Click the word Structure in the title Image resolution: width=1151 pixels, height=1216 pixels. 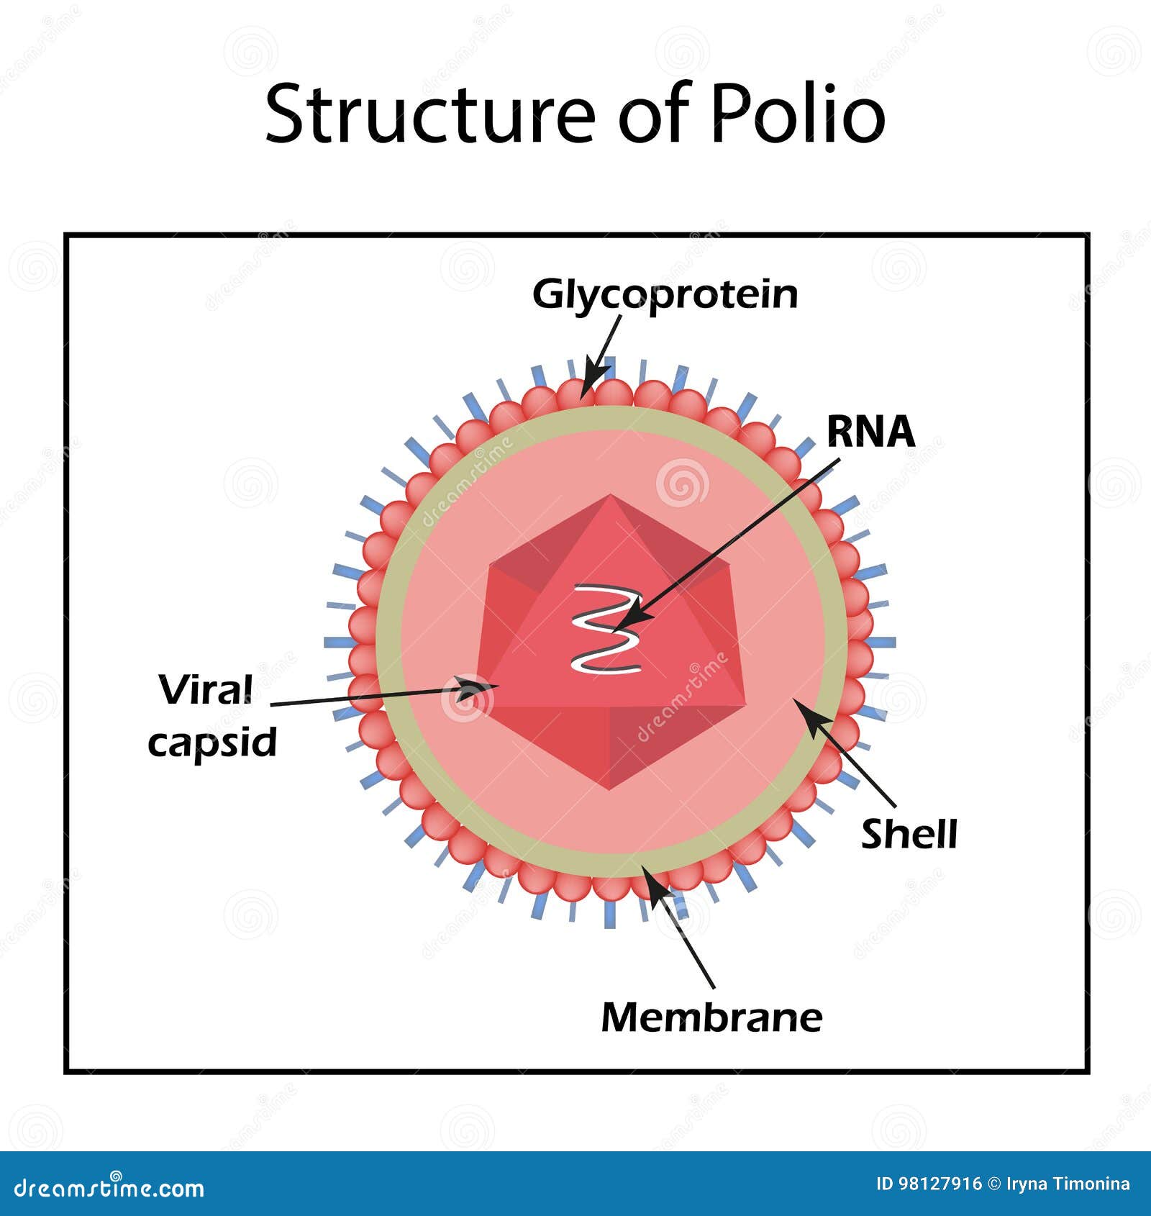point(430,114)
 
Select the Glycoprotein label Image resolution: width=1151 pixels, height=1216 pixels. point(665,295)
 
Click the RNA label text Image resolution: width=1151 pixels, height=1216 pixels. point(871,432)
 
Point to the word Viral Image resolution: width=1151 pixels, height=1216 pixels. point(206,690)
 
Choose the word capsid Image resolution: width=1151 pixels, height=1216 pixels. point(212,742)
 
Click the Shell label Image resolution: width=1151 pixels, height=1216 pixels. point(909,834)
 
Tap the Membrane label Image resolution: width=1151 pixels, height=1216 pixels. point(711,1017)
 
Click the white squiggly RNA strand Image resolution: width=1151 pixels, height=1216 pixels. point(606,629)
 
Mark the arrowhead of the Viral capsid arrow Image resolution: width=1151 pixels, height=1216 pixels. point(478,689)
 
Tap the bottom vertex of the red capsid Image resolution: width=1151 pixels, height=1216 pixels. point(610,789)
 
